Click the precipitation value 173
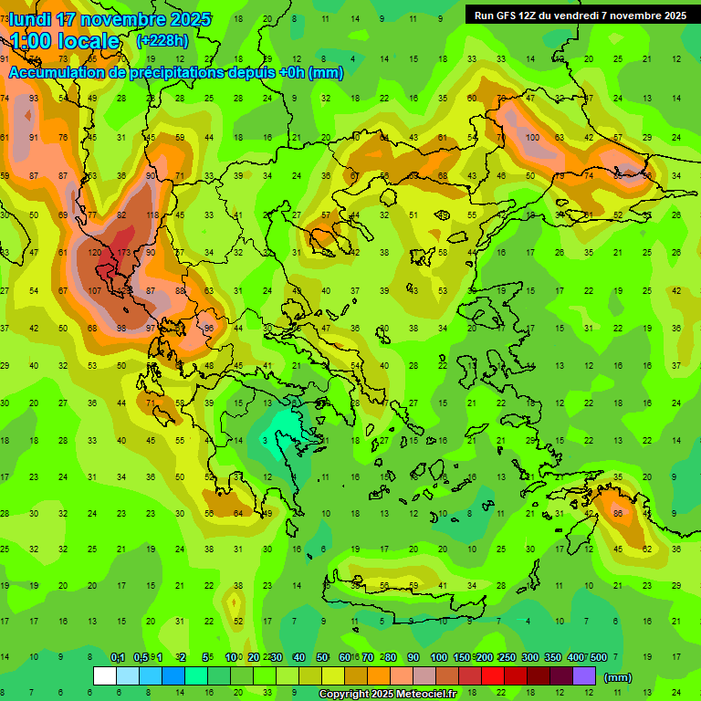pyautogui.click(x=124, y=252)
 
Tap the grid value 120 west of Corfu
pyautogui.click(x=94, y=252)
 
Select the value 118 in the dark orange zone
pyautogui.click(x=152, y=214)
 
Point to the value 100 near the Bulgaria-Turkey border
pyautogui.click(x=532, y=138)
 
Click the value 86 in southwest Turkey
pyautogui.click(x=619, y=514)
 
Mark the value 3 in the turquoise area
pyautogui.click(x=265, y=441)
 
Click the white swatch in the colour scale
pyautogui.click(x=105, y=676)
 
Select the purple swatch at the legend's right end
pyautogui.click(x=584, y=676)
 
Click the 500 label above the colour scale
pyautogui.click(x=599, y=658)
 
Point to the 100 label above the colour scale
pyautogui.click(x=438, y=658)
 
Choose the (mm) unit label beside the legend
pyautogui.click(x=618, y=677)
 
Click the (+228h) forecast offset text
pyautogui.click(x=163, y=40)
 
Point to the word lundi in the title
pyautogui.click(x=29, y=19)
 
